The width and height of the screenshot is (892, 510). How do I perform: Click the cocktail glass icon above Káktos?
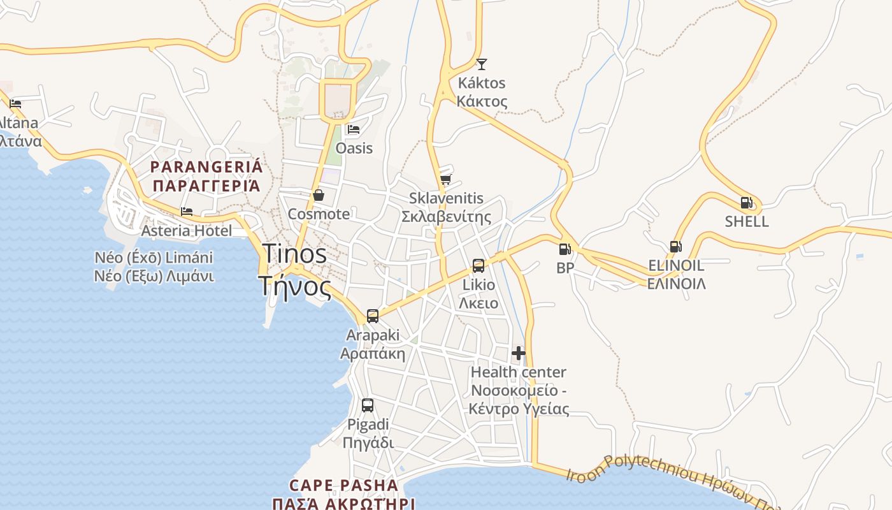(482, 64)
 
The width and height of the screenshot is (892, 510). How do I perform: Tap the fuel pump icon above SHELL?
(746, 203)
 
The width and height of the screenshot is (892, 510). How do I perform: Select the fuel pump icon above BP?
(565, 249)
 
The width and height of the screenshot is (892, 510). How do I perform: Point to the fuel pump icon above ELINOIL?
(675, 246)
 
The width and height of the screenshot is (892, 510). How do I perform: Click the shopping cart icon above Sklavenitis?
(446, 179)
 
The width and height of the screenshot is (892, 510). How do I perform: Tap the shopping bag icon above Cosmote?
(318, 195)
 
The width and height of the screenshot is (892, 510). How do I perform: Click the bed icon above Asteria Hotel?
(187, 212)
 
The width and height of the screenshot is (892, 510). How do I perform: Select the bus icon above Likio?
(478, 266)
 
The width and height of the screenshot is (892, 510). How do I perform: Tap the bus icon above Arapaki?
(373, 316)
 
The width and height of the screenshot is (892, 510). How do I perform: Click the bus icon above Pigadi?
(368, 405)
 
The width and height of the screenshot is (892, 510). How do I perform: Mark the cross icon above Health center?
(519, 353)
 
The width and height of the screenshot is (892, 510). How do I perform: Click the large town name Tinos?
(294, 254)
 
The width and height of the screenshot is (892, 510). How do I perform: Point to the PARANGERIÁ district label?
(206, 167)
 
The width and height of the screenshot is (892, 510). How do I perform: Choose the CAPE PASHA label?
(343, 486)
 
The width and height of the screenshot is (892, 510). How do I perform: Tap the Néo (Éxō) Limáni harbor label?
(154, 258)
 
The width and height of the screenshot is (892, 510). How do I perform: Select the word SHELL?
(747, 222)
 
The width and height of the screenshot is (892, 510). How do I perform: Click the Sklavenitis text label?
(446, 198)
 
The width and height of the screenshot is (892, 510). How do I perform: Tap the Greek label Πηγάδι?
(368, 442)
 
